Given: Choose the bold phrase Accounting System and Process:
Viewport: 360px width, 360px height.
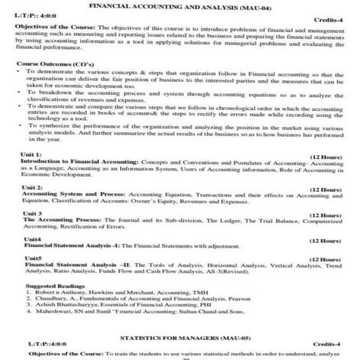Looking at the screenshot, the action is (x=63, y=215).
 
